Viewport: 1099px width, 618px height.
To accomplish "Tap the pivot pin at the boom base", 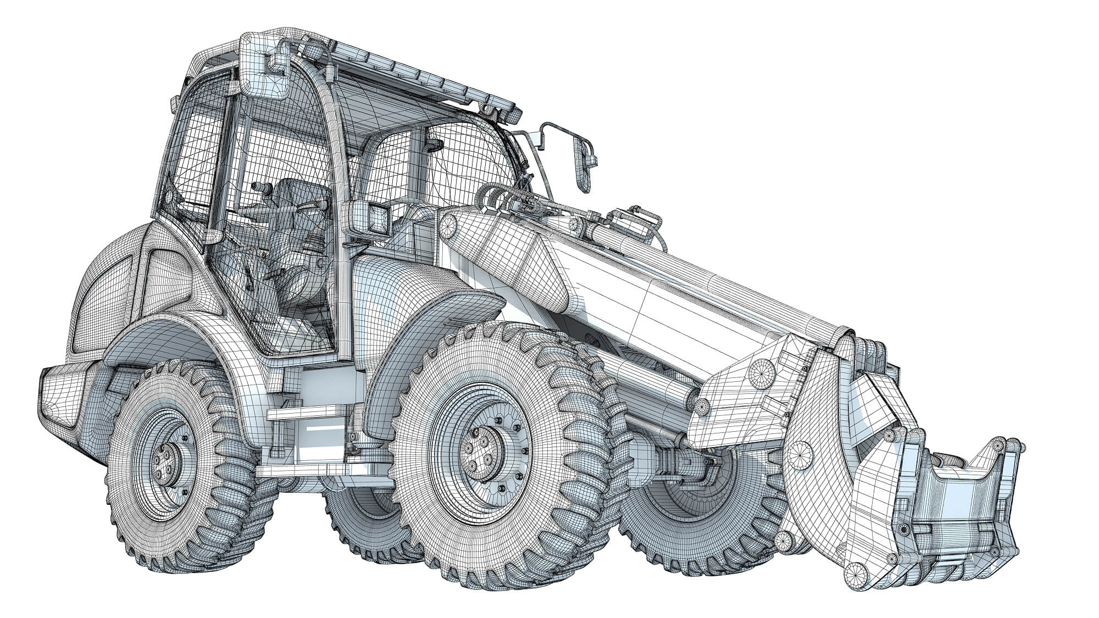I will (x=448, y=225).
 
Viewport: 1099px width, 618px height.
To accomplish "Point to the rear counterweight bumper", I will (x=60, y=396).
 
